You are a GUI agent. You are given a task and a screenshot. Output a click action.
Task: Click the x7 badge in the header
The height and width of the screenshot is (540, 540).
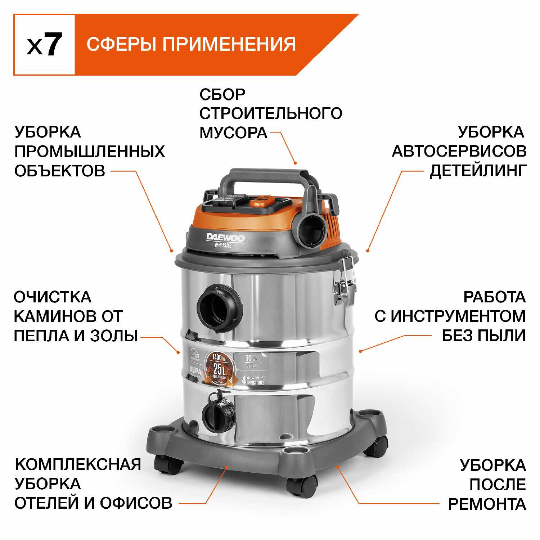click(44, 45)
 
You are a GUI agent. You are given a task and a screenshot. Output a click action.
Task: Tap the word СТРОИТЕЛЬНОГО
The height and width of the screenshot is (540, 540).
click(270, 113)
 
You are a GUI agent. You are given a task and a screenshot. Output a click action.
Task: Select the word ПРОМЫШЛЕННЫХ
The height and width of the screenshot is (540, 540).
click(89, 152)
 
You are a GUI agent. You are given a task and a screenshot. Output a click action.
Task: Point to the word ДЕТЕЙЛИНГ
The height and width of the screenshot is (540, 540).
click(478, 171)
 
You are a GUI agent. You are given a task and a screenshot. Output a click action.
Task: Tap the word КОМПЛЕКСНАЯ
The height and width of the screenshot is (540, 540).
click(78, 464)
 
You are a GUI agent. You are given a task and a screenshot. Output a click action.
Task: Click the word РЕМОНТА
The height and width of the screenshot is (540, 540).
click(487, 504)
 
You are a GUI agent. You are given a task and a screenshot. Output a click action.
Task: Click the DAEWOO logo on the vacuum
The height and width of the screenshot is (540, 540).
click(225, 238)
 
